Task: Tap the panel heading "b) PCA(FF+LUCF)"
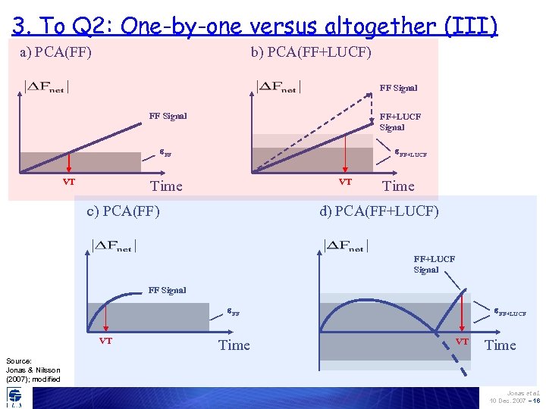311,52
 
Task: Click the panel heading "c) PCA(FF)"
123,211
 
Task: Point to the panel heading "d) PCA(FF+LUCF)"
378,211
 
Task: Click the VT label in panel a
68,182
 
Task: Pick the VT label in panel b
345,182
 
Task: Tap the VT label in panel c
105,341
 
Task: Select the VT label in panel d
461,341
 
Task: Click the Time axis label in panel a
166,186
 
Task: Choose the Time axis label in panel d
500,345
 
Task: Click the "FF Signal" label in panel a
168,116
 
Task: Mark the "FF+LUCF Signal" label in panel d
434,264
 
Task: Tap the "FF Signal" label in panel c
167,290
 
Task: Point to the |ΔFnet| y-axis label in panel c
112,245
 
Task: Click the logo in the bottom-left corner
14,396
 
